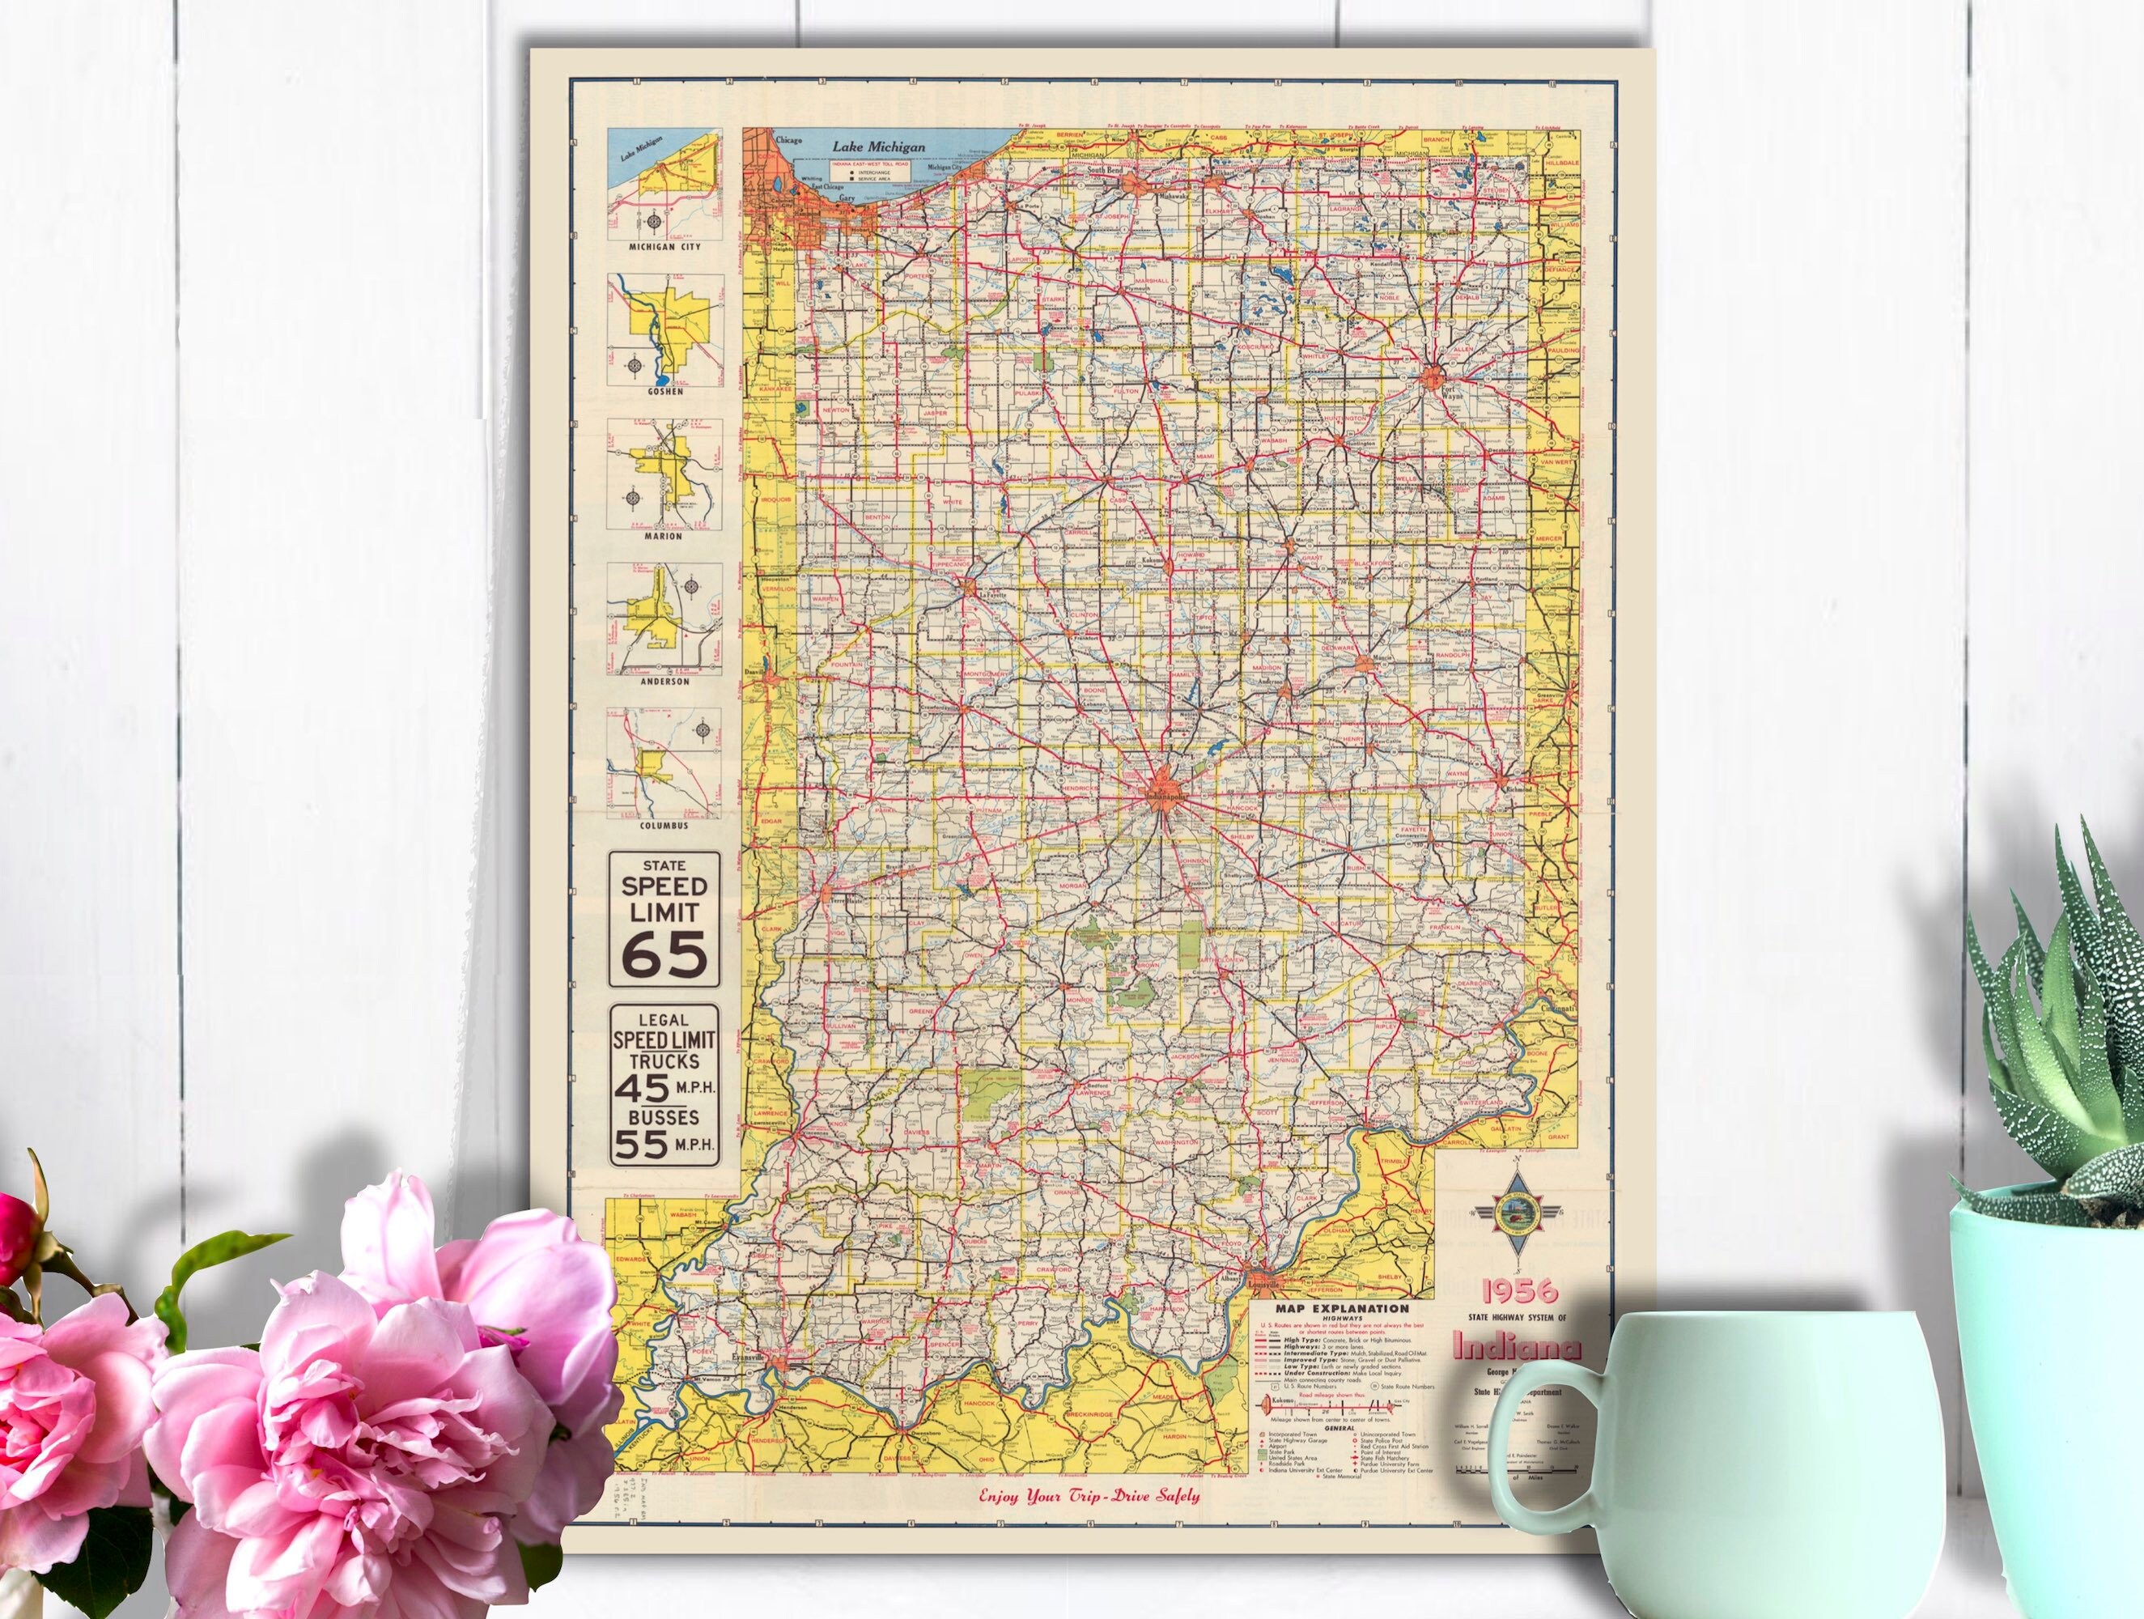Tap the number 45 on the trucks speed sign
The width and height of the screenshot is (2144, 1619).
coord(643,1087)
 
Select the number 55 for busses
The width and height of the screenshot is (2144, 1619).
coord(643,1145)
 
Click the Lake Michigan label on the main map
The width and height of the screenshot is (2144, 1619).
coord(877,147)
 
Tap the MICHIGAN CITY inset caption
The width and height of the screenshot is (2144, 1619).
coord(665,247)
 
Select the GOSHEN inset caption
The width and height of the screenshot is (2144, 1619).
coord(665,392)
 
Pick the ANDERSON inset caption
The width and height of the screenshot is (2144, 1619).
coord(665,682)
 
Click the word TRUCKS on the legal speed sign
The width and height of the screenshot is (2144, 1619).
coord(665,1060)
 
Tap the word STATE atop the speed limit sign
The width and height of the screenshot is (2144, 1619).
coord(665,865)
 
